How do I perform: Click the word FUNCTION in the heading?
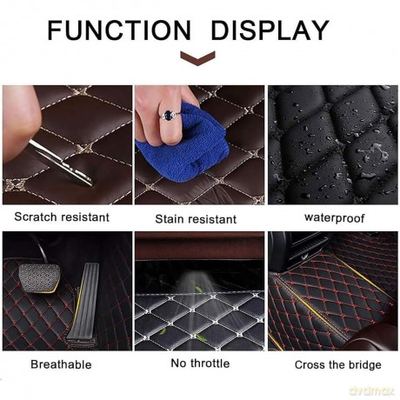pyautogui.click(x=119, y=30)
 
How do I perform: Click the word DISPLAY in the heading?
pyautogui.click(x=270, y=30)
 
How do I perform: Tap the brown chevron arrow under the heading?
pyautogui.click(x=197, y=58)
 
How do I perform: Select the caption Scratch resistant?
pyautogui.click(x=62, y=217)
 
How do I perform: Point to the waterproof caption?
pyautogui.click(x=335, y=217)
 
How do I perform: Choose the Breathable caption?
pyautogui.click(x=61, y=364)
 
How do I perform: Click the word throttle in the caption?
pyautogui.click(x=210, y=363)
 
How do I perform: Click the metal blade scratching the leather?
pyautogui.click(x=61, y=163)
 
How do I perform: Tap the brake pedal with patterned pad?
pyautogui.click(x=40, y=277)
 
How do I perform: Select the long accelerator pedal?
pyautogui.click(x=83, y=302)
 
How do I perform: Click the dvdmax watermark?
pyautogui.click(x=372, y=390)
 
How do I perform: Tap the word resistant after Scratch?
pyautogui.click(x=84, y=217)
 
